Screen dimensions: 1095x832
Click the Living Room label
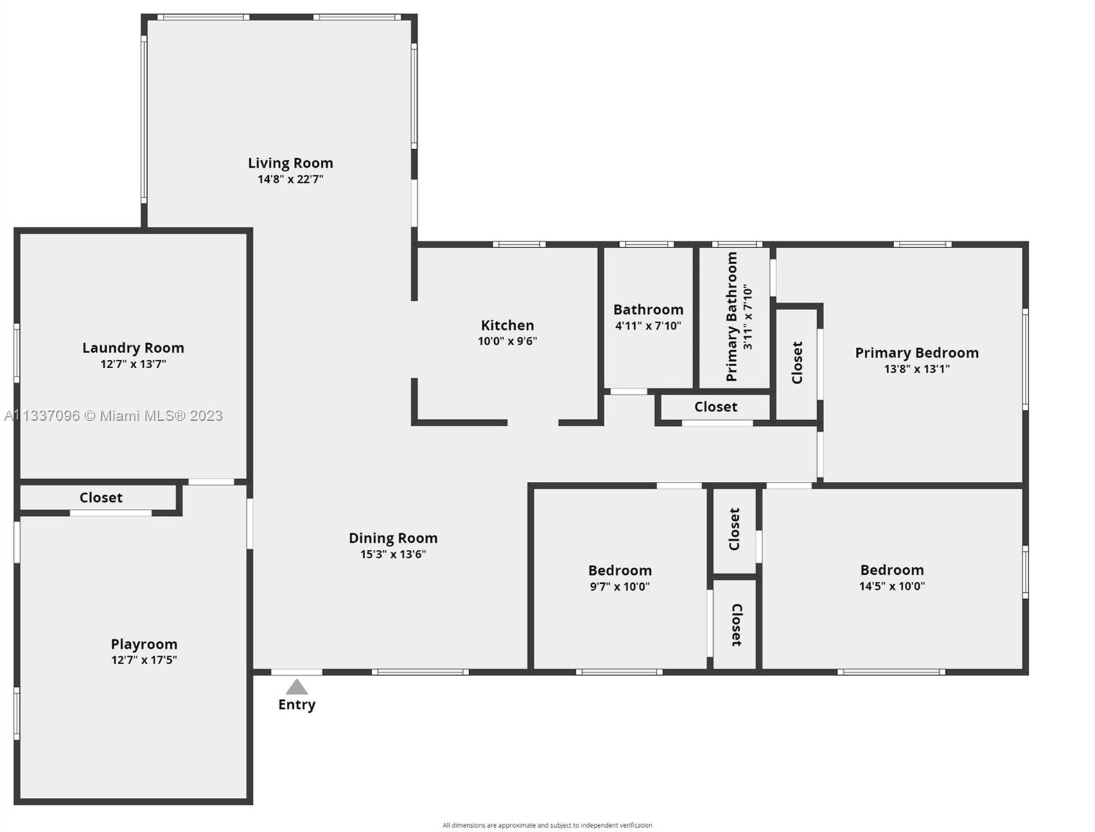[290, 163]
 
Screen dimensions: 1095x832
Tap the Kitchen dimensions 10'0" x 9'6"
[507, 341]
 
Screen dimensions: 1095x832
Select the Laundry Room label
[133, 348]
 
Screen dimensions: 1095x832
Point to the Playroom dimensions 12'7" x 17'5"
[144, 660]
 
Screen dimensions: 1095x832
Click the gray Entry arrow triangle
[297, 687]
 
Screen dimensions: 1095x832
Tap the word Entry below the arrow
[297, 704]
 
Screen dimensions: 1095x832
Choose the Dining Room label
[393, 538]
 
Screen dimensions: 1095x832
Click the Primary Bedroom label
[917, 353]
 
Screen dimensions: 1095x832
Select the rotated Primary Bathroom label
[731, 316]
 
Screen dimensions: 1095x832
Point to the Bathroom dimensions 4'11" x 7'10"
[648, 326]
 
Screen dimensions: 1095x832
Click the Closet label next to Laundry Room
[101, 498]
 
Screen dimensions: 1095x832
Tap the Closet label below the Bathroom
[716, 407]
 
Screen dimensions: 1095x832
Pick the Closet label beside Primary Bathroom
[797, 363]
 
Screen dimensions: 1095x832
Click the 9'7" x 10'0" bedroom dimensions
[620, 587]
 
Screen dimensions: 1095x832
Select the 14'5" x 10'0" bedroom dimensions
[892, 586]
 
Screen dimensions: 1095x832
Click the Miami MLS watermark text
[113, 416]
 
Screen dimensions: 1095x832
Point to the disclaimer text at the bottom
[547, 825]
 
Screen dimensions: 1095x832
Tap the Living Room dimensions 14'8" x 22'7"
[290, 179]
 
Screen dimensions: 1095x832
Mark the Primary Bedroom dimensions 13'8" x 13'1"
[917, 369]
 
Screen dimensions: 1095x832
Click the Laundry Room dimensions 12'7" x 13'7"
[133, 364]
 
